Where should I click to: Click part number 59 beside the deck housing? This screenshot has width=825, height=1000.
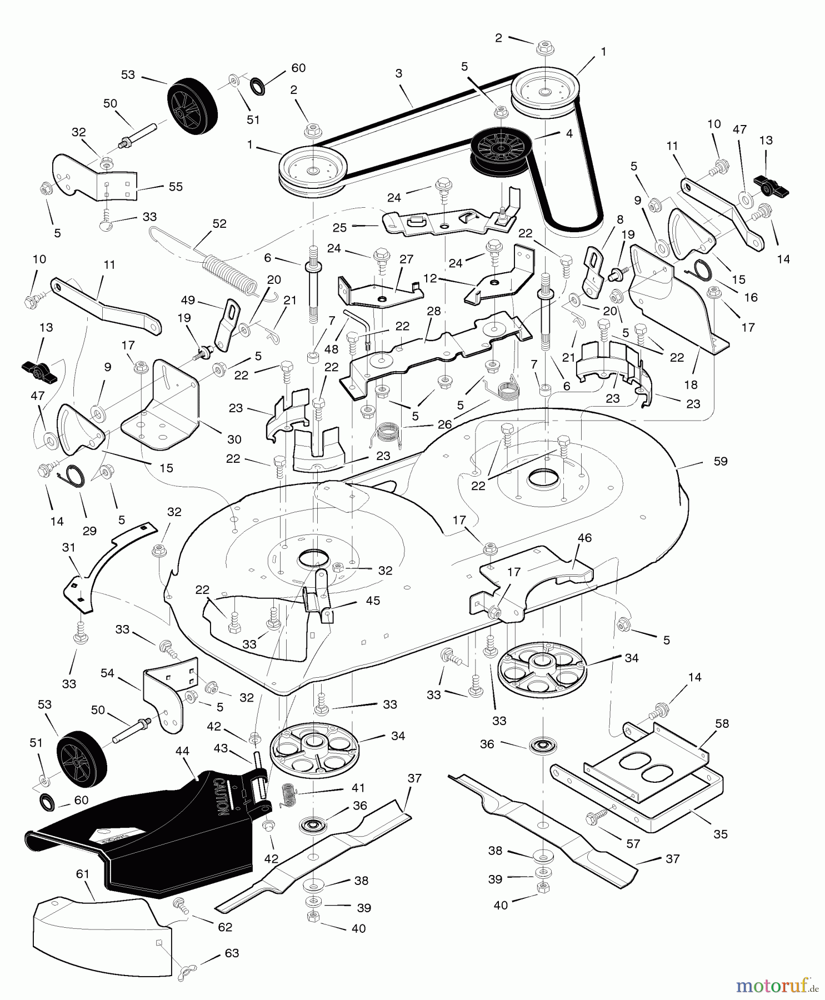720,462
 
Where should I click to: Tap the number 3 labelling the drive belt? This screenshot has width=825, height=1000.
399,73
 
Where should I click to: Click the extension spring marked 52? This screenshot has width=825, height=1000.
228,272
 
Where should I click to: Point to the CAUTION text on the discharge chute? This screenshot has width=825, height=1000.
220,796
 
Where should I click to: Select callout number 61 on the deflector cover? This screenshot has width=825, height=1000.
82,874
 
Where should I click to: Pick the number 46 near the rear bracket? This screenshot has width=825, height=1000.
584,538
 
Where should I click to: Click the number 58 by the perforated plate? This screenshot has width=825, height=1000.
722,724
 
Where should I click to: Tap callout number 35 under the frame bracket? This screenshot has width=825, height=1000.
720,834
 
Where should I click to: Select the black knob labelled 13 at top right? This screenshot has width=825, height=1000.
772,188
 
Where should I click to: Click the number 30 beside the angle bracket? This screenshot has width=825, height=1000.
234,439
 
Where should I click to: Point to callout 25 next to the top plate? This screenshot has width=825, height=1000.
339,228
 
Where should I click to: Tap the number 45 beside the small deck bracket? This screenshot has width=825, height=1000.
373,601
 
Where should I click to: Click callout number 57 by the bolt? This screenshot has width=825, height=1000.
633,844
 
